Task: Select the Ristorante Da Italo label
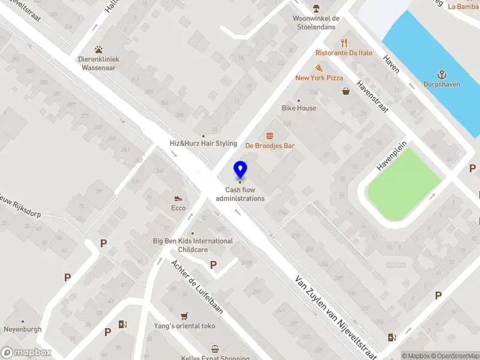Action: pos(344,53)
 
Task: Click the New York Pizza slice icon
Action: pos(318,68)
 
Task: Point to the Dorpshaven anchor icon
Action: pos(442,74)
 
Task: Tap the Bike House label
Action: pos(299,108)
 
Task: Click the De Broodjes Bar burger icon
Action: pos(269,136)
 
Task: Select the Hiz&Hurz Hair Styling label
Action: pos(203,143)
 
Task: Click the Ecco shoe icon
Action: pos(178,199)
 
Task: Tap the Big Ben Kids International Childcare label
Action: pos(193,245)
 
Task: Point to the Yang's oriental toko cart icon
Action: pos(185,316)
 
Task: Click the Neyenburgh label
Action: pos(23,330)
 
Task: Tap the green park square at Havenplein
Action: pos(404,179)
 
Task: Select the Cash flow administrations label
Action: pos(240,194)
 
